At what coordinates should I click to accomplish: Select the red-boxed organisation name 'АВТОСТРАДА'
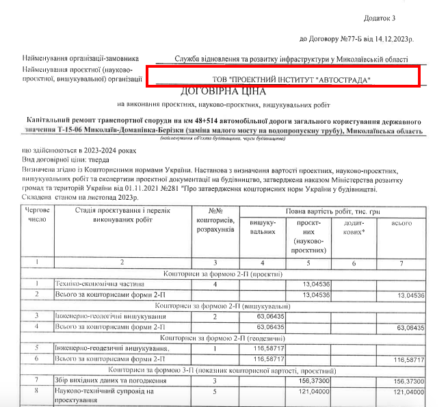344,81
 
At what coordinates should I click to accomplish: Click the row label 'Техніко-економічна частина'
100,283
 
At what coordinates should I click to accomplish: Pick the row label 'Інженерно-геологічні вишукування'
113,317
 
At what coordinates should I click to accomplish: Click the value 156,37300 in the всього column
410,380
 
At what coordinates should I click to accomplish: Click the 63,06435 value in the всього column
411,328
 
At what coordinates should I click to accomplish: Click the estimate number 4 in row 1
215,283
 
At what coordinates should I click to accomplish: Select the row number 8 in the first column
36,391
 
